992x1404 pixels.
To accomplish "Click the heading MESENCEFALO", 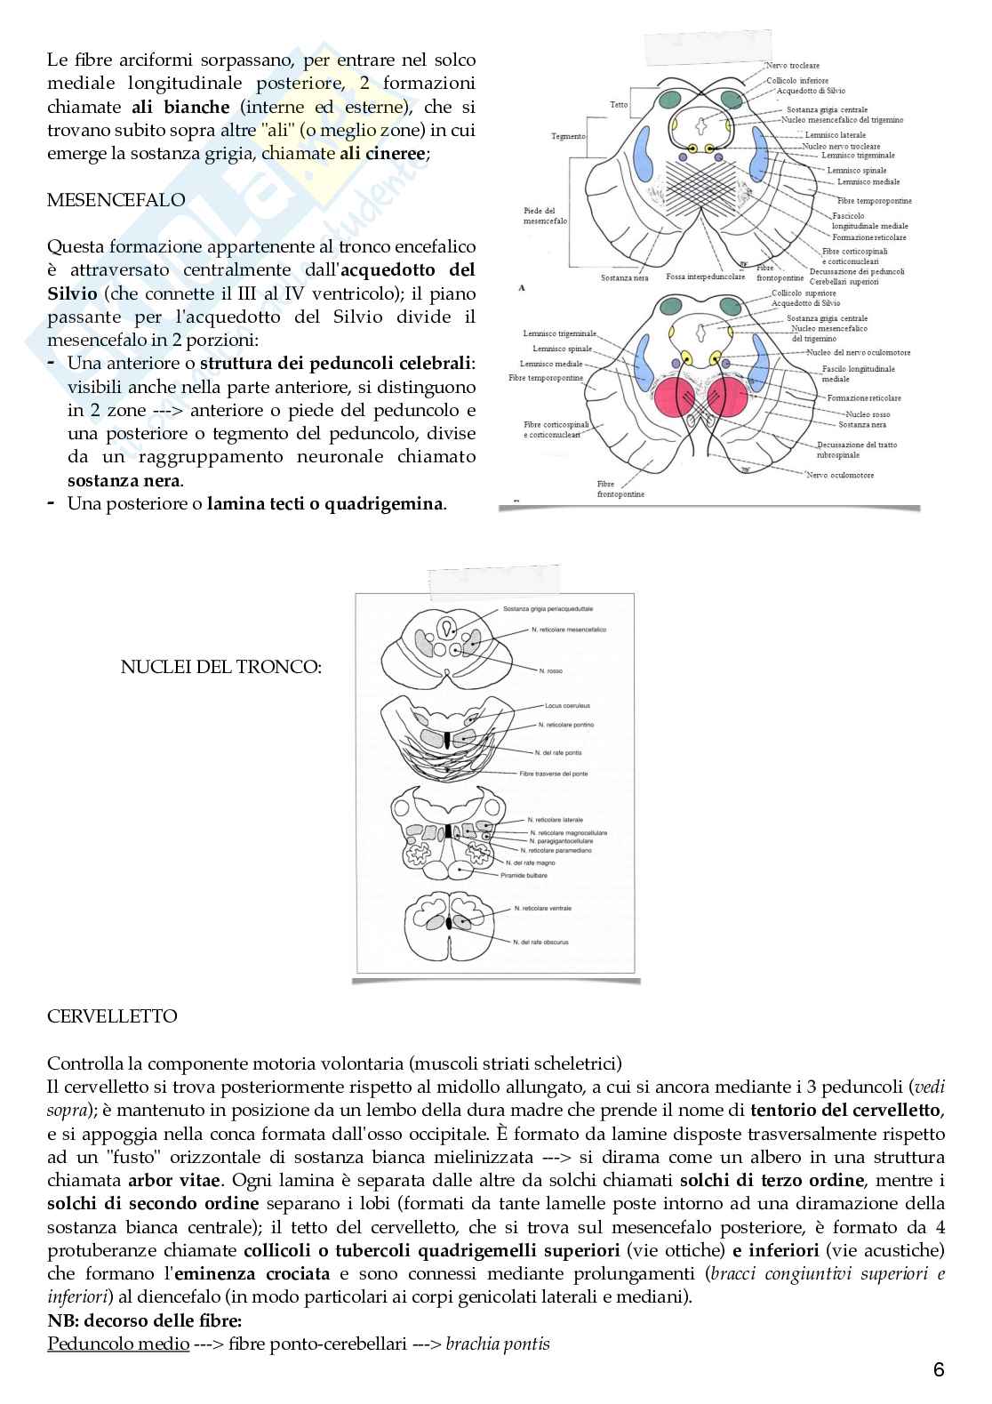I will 116,200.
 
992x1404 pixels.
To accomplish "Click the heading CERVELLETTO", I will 112,1016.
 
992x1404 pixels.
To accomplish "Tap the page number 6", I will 939,1370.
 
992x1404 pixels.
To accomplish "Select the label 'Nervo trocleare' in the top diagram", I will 793,66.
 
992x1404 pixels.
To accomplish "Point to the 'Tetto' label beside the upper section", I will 619,105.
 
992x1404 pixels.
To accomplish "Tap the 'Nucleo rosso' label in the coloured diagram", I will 868,414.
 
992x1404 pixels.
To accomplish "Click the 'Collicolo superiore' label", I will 804,293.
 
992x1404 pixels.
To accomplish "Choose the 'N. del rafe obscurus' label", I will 541,942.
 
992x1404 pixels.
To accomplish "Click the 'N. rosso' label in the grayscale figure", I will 551,670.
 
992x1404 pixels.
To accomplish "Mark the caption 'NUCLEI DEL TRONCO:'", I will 220,666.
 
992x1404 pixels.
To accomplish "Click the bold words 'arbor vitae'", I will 162,1181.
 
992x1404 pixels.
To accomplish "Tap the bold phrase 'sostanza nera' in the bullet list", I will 124,481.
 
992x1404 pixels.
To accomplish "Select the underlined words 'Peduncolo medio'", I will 118,1344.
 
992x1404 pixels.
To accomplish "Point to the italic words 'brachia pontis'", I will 498,1344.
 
